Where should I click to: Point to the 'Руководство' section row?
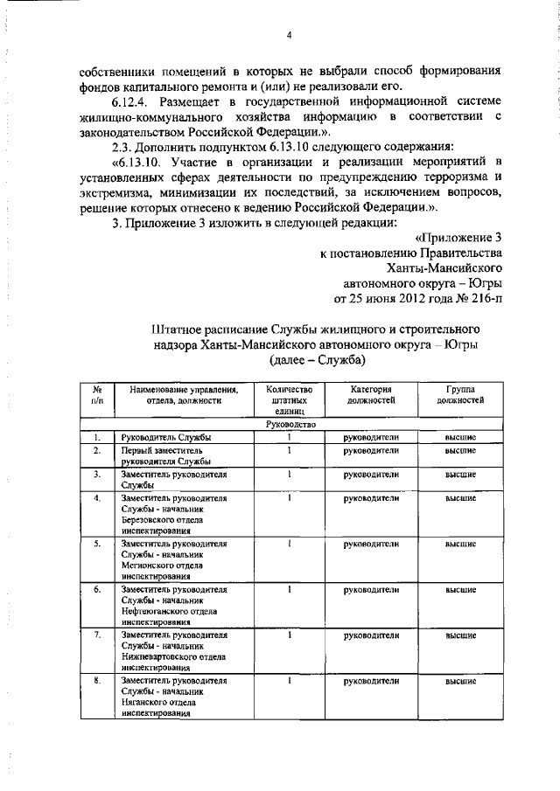tap(288, 424)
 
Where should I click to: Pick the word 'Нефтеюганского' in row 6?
tap(155, 611)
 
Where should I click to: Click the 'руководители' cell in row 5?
tap(373, 544)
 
